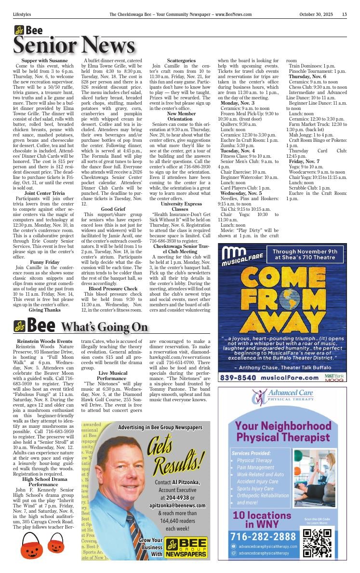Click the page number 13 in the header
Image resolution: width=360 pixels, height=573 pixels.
click(344, 14)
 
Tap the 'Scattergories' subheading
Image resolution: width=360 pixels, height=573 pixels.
click(180, 60)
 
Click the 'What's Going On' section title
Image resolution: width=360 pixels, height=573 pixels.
click(104, 327)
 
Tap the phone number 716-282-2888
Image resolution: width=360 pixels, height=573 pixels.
click(263, 536)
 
